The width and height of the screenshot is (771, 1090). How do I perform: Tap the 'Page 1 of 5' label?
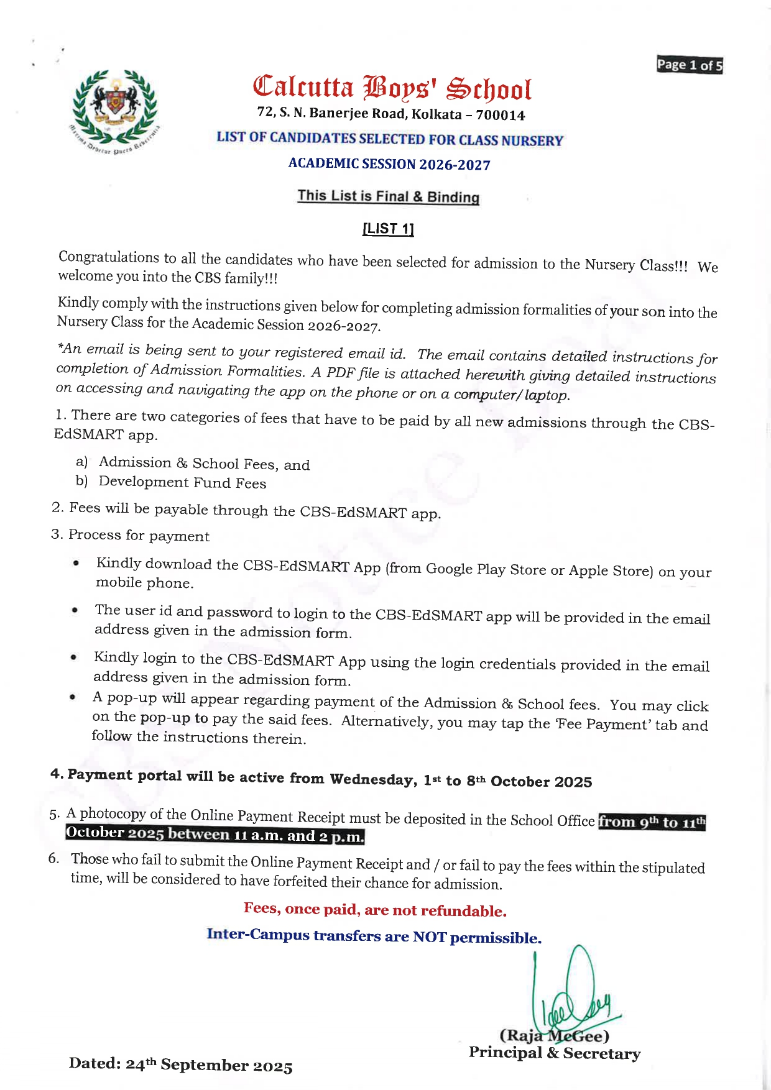point(690,65)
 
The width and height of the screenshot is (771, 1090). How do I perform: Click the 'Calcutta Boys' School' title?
point(392,88)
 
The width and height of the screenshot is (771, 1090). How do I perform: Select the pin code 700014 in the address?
point(501,116)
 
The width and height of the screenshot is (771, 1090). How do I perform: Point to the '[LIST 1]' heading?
point(388,229)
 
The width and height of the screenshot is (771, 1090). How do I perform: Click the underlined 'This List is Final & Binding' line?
point(388,196)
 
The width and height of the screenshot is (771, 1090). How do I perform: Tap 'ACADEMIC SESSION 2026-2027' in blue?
point(389,165)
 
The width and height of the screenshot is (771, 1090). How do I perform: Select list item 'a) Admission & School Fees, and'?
point(193,464)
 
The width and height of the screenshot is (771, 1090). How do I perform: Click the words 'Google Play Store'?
point(466,569)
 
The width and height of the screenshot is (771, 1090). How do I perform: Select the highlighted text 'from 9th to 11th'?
point(652,822)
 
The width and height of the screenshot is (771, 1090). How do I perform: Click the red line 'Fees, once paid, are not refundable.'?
point(375,910)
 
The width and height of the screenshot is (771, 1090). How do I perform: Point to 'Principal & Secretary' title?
point(554,1053)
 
